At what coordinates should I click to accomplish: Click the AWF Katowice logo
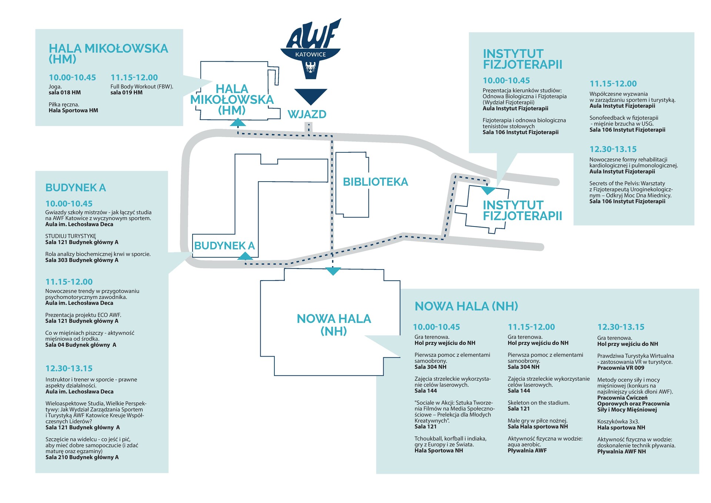[x=311, y=48]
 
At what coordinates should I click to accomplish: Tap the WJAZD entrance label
[x=307, y=114]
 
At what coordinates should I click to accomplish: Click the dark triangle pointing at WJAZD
[x=311, y=96]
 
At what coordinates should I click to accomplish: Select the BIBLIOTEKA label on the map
[x=375, y=182]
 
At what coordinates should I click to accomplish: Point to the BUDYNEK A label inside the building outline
[x=224, y=246]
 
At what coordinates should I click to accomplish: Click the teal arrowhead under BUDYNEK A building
[x=245, y=256]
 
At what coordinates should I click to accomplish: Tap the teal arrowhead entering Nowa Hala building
[x=333, y=271]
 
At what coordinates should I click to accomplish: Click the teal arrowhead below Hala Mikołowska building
[x=238, y=122]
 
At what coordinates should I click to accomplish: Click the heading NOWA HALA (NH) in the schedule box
[x=466, y=306]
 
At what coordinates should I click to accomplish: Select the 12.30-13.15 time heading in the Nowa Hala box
[x=621, y=327]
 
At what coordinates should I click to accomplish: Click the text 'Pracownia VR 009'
[x=621, y=368]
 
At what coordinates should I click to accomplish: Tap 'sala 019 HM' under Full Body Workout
[x=126, y=93]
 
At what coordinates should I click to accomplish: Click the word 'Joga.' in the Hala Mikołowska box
[x=55, y=87]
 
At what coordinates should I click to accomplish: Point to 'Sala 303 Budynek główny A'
[x=82, y=260]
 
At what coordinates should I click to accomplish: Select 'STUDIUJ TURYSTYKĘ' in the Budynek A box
[x=71, y=236]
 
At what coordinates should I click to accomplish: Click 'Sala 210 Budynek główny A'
[x=82, y=457]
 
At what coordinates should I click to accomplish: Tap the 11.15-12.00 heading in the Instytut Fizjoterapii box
[x=613, y=84]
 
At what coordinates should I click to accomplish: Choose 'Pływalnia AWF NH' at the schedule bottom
[x=621, y=451]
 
